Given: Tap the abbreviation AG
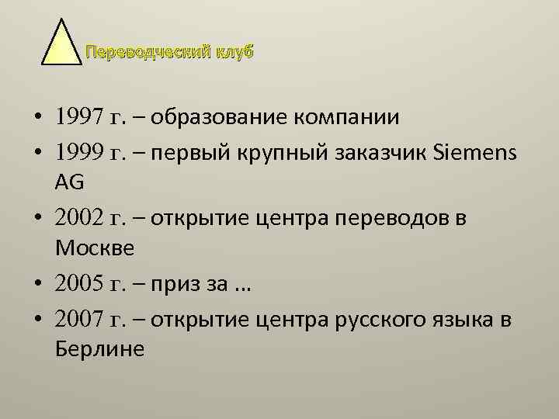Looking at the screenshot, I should pos(71,183).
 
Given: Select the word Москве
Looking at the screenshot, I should pos(95,250).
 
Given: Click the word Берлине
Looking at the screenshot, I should pos(100,350).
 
